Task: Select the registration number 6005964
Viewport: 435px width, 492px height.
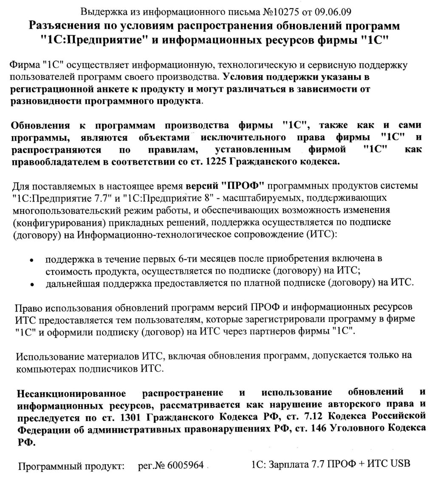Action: [186, 465]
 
